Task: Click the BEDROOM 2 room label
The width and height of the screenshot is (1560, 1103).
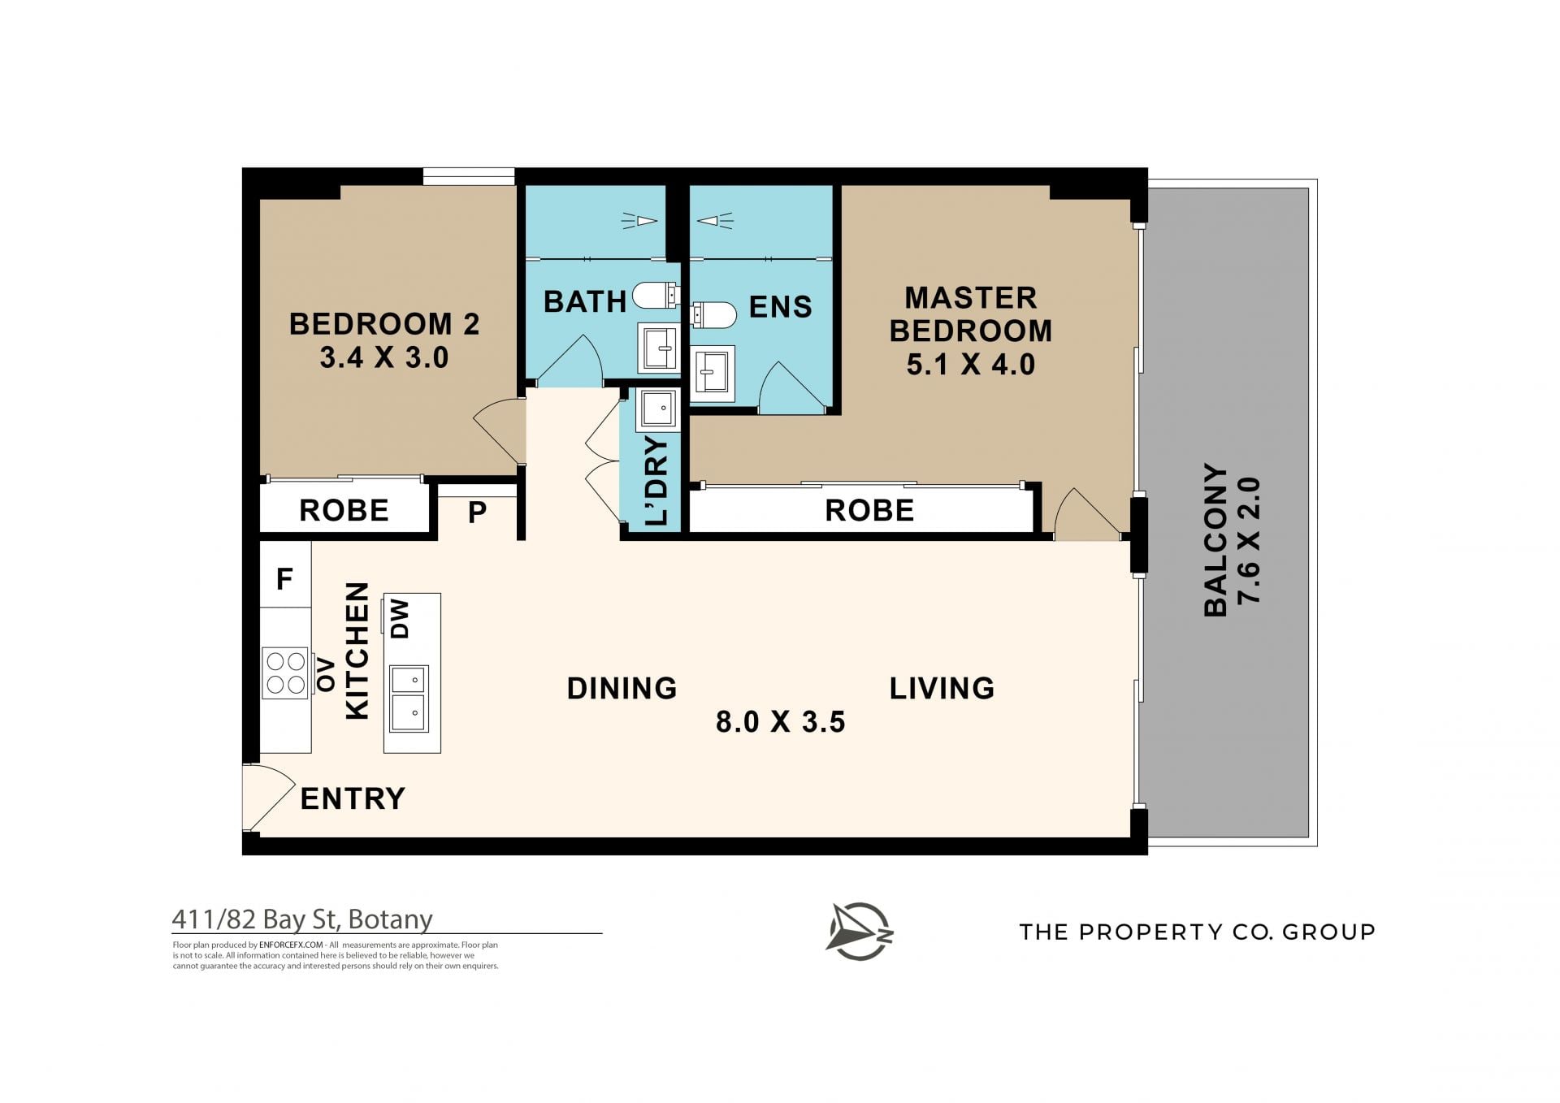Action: (x=384, y=324)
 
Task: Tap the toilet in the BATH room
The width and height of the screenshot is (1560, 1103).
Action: (x=656, y=295)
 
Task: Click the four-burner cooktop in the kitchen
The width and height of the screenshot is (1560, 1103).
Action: (x=285, y=673)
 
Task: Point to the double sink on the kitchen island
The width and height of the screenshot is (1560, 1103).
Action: (x=409, y=699)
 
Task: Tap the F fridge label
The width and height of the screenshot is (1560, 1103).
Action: (x=284, y=579)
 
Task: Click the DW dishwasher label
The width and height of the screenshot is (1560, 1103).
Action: (x=400, y=619)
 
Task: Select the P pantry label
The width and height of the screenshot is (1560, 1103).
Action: (x=478, y=512)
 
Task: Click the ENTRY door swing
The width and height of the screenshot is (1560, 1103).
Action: (x=268, y=798)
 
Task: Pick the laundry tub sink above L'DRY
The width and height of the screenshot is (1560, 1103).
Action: (x=657, y=409)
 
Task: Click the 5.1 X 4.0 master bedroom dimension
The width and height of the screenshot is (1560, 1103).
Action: (x=971, y=365)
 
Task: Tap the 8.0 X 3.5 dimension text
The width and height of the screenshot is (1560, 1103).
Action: (x=780, y=721)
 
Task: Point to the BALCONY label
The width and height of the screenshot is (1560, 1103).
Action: (x=1215, y=540)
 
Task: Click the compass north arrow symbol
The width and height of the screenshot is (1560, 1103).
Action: (x=860, y=931)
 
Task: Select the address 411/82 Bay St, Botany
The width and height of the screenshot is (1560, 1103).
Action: (x=302, y=919)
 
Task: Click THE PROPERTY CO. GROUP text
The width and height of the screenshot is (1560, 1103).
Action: (x=1198, y=932)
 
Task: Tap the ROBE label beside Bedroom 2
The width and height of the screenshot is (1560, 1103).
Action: (x=344, y=511)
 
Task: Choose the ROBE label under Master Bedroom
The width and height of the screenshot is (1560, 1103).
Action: (x=869, y=511)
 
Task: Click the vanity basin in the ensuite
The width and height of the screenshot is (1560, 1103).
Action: (x=713, y=374)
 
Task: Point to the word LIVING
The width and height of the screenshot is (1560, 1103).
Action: (x=942, y=689)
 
